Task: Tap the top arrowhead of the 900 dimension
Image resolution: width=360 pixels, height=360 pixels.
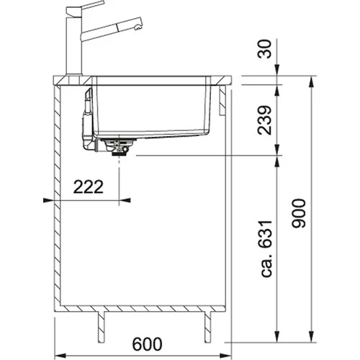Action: coord(312,77)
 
